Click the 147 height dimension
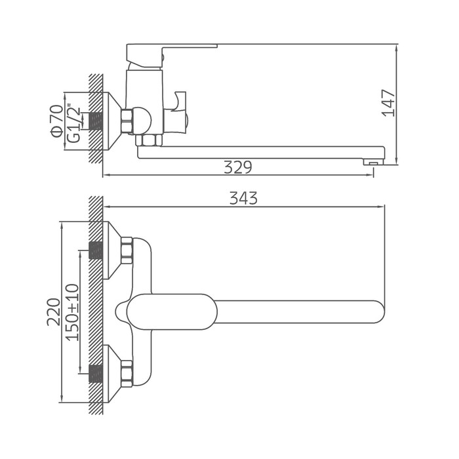pyautogui.click(x=388, y=103)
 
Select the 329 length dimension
pyautogui.click(x=237, y=167)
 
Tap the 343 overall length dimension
pyautogui.click(x=243, y=198)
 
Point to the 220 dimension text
pyautogui.click(x=53, y=312)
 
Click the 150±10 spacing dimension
pyautogui.click(x=72, y=312)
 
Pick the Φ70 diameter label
pyautogui.click(x=57, y=121)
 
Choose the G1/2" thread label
pyautogui.click(x=73, y=123)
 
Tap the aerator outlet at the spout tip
pyautogui.click(x=373, y=161)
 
